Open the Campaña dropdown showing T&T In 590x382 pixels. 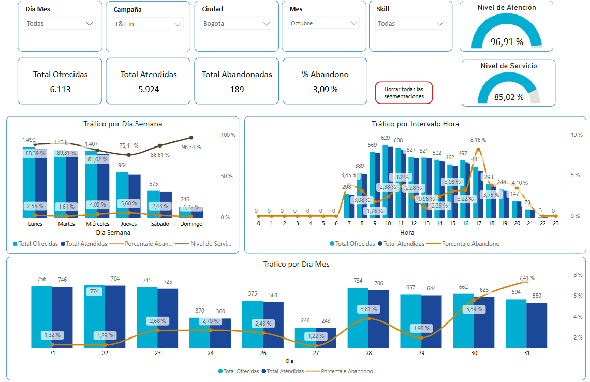(149, 24)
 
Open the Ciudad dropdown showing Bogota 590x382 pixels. (237, 24)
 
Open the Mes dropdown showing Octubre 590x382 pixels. (324, 23)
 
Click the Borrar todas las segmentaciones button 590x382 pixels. (404, 93)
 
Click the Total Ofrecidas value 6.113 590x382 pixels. (60, 89)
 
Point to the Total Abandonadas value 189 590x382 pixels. (237, 89)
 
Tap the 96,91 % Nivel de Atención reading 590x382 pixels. (506, 42)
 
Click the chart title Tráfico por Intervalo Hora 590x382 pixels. (415, 124)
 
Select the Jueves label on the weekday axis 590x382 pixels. (129, 224)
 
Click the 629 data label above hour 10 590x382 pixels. (385, 138)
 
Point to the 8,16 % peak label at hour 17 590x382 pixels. (478, 140)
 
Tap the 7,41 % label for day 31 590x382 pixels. (526, 278)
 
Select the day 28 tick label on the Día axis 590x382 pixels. (368, 353)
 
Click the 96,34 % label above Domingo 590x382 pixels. (191, 147)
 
